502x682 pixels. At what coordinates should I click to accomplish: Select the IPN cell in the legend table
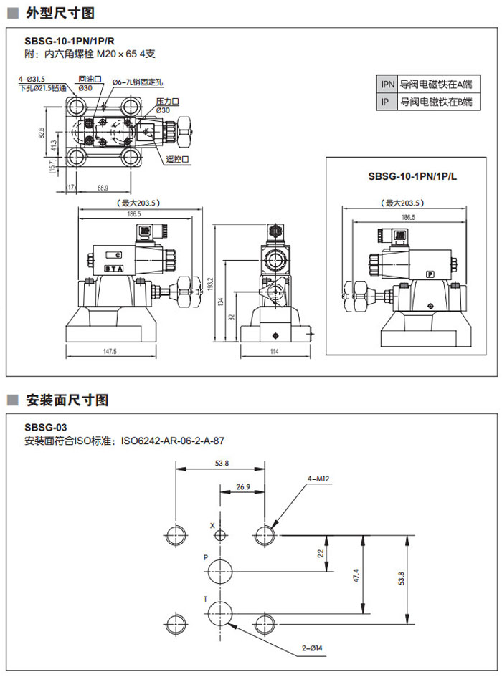(x=387, y=84)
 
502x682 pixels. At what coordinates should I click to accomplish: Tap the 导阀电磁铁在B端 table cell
(x=435, y=102)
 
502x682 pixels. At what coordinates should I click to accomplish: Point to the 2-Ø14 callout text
(x=313, y=648)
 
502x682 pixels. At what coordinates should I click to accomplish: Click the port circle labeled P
(x=220, y=571)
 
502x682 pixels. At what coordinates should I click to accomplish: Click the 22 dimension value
(x=321, y=552)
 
